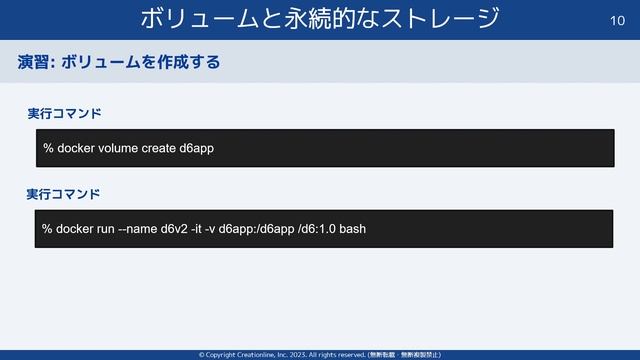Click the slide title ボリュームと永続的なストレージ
[x=320, y=18]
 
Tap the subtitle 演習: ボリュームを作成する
[x=118, y=63]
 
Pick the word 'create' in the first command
[x=158, y=149]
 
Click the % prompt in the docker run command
[x=47, y=229]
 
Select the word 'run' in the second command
[x=106, y=229]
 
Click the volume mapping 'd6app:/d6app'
[x=262, y=229]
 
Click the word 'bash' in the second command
[x=353, y=229]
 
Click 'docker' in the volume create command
[x=76, y=149]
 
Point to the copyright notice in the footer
[x=320, y=354]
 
